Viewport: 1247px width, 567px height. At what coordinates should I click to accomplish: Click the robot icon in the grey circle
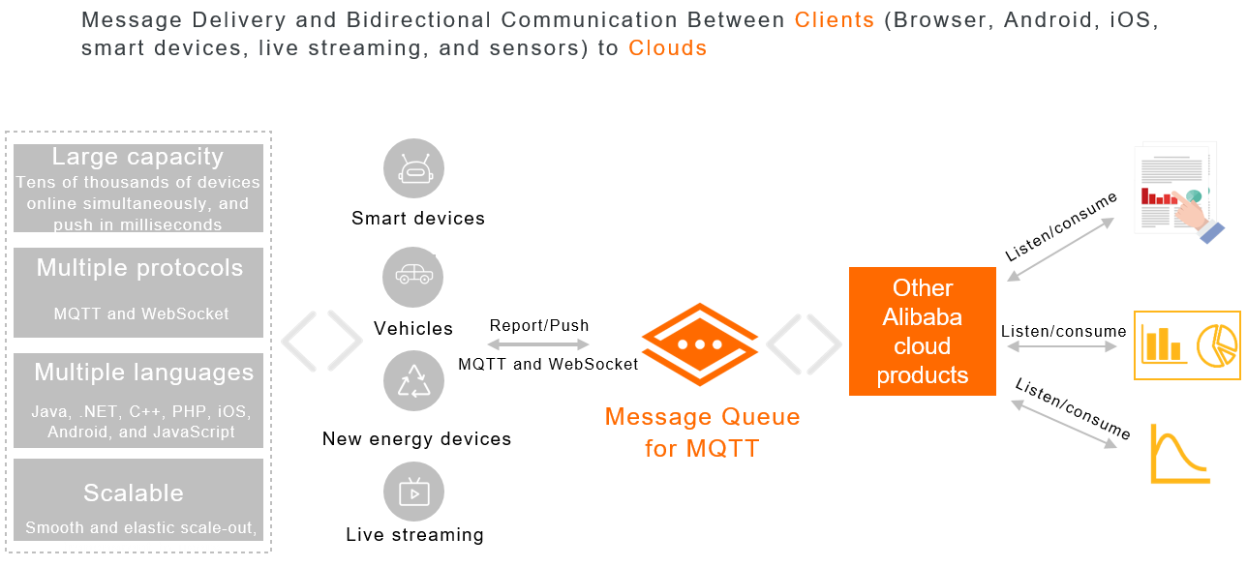coord(414,170)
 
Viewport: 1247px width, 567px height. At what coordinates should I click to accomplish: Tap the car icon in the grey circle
coord(414,277)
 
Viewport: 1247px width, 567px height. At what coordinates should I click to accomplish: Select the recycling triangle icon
coord(414,380)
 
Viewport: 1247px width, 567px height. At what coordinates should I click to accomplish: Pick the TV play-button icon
coord(414,492)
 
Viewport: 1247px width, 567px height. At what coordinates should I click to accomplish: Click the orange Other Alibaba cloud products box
coord(923,331)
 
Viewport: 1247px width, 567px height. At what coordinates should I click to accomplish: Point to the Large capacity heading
coord(137,157)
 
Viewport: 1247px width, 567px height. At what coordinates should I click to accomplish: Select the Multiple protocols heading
coord(139,268)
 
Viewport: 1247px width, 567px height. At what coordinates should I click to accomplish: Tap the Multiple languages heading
coord(143,373)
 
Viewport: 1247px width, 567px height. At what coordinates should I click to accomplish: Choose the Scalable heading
coord(134,492)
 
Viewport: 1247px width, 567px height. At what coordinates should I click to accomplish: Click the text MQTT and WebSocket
coord(141,313)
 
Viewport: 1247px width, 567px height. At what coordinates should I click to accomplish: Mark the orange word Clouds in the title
coord(667,47)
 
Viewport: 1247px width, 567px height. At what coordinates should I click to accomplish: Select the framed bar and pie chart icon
coord(1187,345)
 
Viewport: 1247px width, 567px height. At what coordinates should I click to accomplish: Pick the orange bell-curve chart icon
coord(1179,453)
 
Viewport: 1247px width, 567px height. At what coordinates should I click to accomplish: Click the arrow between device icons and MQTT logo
coord(538,344)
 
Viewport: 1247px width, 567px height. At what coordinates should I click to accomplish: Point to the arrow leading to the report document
coord(1061,250)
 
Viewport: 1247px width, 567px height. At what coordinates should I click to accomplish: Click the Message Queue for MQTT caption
coord(702,433)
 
